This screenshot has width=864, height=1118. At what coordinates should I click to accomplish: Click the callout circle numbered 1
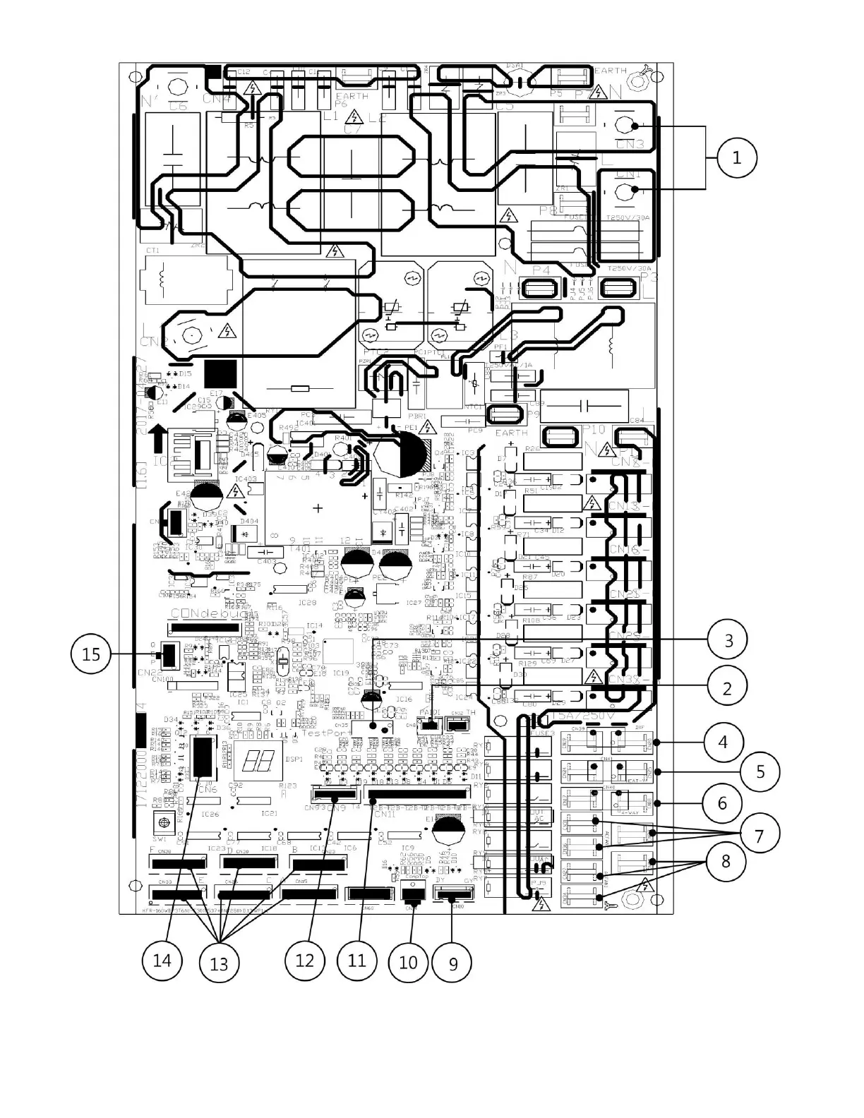736,157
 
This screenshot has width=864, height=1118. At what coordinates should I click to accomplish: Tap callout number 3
728,640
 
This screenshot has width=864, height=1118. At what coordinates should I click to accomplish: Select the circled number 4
722,742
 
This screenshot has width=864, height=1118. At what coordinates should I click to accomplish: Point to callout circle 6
722,803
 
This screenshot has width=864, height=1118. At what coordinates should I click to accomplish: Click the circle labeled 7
759,836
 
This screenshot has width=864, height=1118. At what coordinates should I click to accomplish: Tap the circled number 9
453,963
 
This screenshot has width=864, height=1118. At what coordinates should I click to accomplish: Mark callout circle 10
408,962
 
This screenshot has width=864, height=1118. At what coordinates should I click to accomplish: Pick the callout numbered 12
304,961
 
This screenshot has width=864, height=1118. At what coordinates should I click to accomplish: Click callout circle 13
219,963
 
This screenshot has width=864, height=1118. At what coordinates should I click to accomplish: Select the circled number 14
162,961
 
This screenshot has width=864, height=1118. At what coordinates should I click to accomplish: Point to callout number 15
91,654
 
